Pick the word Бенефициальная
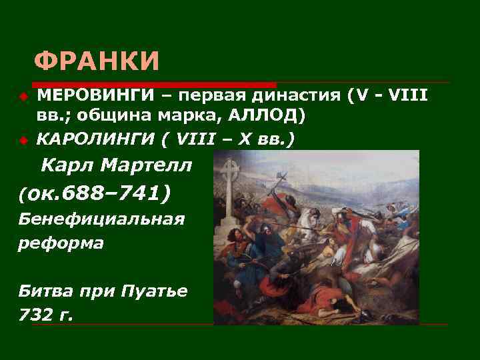click(101, 219)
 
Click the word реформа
click(61, 243)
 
